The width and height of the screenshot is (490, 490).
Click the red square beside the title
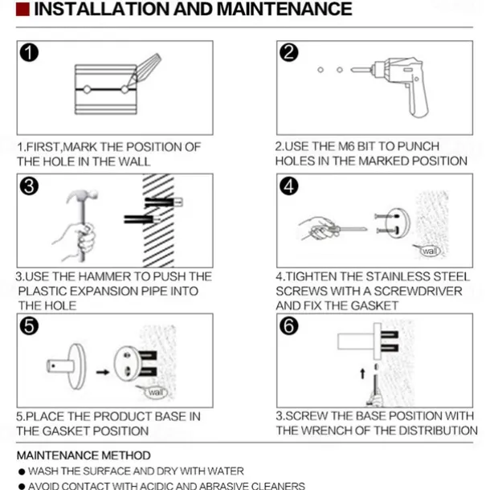click(22, 10)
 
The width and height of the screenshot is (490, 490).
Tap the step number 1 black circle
click(29, 52)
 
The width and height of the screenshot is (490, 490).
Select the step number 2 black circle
click(288, 52)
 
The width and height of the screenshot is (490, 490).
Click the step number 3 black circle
click(29, 186)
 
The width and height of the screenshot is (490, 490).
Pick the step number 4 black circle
click(288, 186)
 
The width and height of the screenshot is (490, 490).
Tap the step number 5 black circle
click(29, 326)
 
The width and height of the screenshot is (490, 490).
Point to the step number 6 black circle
click(288, 326)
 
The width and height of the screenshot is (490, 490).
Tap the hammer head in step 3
click(82, 196)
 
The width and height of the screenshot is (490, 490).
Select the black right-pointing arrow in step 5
click(103, 372)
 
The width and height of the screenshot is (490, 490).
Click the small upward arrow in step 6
click(362, 374)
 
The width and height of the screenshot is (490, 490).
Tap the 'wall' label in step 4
click(431, 251)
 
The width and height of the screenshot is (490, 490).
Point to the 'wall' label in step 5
click(156, 392)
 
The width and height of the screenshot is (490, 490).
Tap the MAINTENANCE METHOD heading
click(84, 455)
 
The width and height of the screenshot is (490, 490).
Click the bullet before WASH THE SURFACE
click(22, 472)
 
